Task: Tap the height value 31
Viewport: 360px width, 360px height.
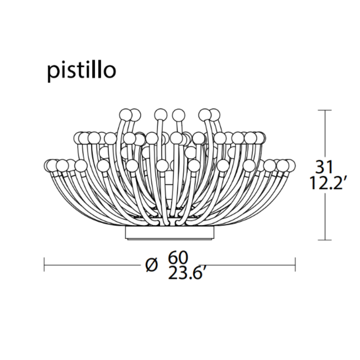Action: (324, 167)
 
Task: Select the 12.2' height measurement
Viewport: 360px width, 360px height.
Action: (326, 183)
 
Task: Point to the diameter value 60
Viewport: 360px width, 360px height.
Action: (178, 257)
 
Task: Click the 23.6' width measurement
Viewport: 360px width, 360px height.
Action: (185, 273)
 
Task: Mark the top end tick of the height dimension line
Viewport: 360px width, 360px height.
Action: (324, 110)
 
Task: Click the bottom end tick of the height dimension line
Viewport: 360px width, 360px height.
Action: (324, 240)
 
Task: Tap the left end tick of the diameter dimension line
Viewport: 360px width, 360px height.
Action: (44, 265)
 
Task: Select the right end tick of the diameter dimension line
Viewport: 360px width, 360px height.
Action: (295, 265)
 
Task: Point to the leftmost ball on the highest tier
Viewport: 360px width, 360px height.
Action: (126, 115)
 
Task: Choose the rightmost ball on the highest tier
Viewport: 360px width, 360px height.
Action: (214, 115)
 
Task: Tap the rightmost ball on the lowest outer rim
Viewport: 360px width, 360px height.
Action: (290, 165)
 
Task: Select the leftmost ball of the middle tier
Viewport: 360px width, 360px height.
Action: (79, 137)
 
